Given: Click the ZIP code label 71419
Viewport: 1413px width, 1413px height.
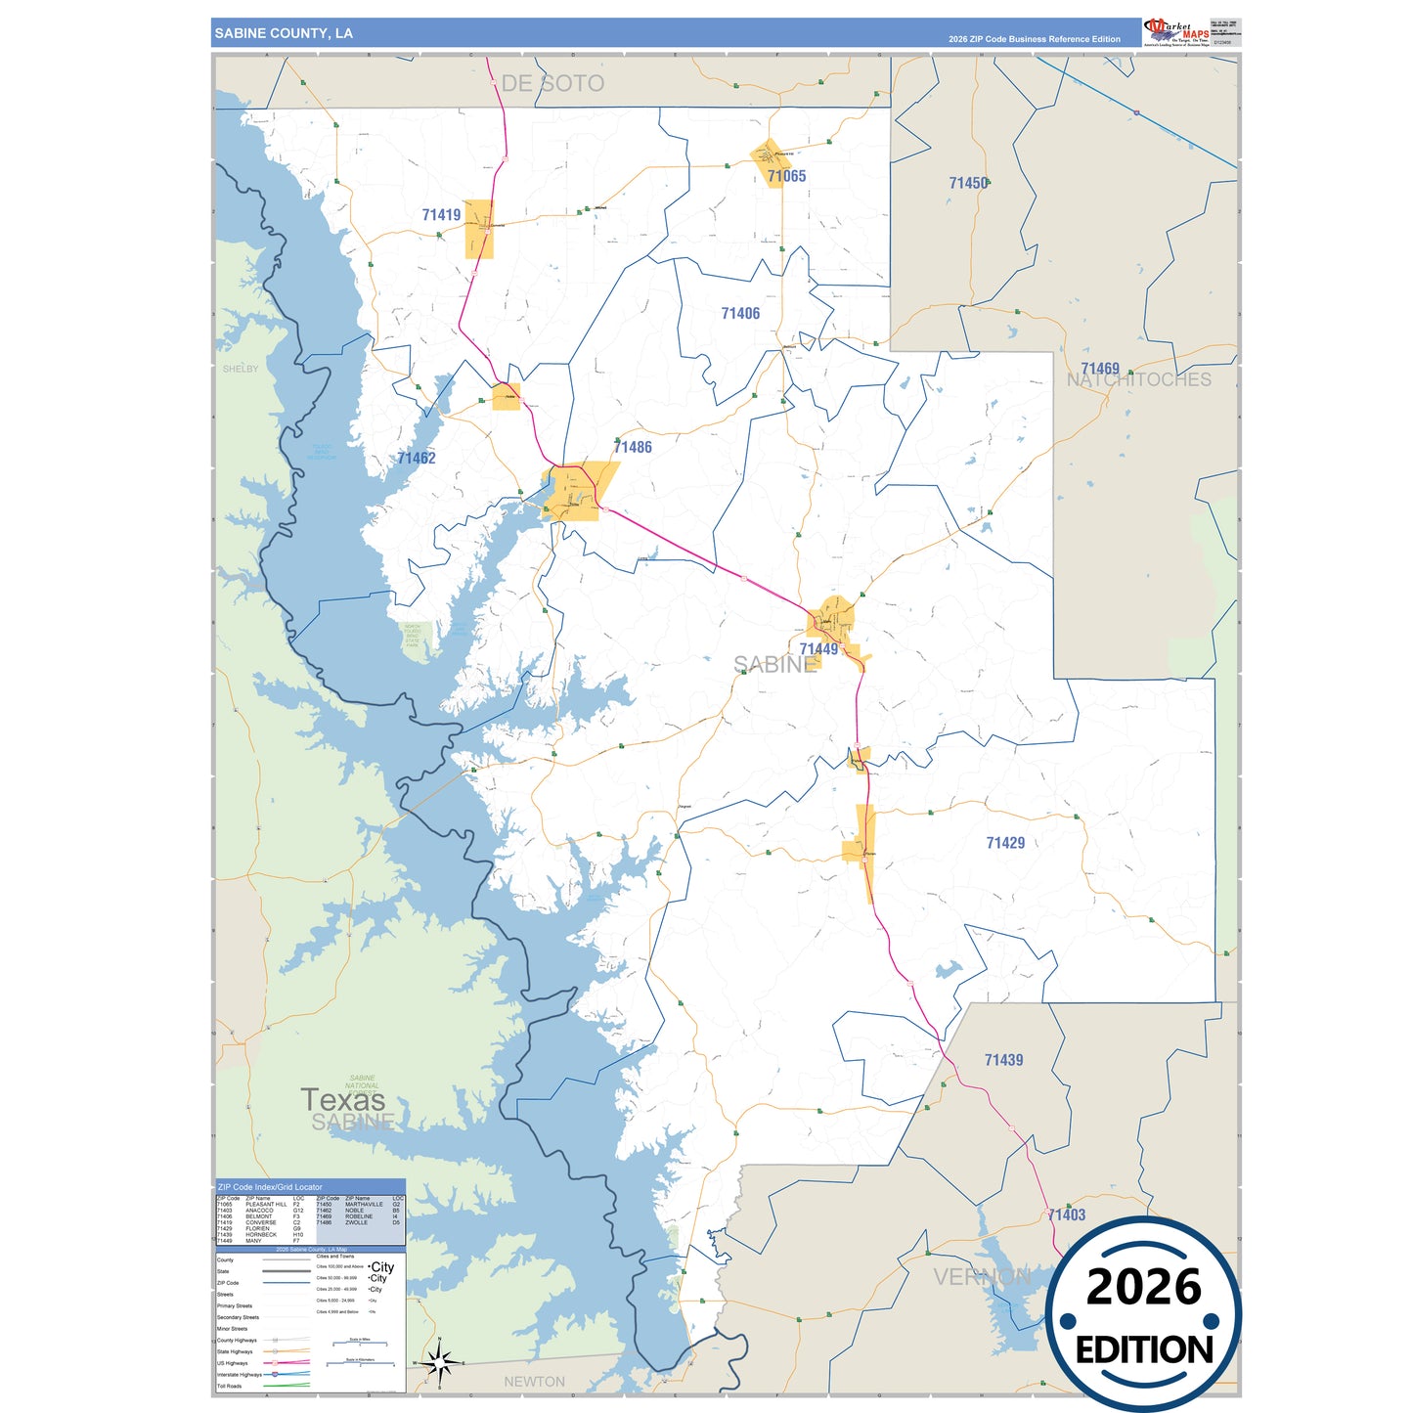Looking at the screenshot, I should [x=441, y=215].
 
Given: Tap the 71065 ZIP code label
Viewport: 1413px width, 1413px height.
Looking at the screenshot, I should [x=786, y=176].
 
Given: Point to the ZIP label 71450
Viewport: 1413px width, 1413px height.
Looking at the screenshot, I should [x=968, y=183].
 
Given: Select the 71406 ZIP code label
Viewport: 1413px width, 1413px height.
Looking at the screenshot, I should [x=740, y=314].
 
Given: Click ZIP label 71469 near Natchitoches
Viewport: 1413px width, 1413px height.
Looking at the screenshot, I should [x=1100, y=369].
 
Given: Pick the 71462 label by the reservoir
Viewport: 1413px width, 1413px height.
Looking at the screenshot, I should [x=417, y=458].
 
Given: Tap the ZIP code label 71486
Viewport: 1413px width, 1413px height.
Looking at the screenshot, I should [x=633, y=447].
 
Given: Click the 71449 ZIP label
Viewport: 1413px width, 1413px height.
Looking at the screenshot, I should [x=818, y=649].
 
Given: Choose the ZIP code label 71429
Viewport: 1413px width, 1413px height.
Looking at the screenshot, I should [x=1005, y=843].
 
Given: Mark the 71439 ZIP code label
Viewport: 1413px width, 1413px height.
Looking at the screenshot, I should [x=1003, y=1060].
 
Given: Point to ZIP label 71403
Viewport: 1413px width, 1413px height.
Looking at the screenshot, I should [x=1067, y=1214].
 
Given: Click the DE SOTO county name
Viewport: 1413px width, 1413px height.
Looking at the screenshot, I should [x=552, y=84].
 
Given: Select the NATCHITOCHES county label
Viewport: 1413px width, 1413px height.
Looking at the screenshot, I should [x=1139, y=380].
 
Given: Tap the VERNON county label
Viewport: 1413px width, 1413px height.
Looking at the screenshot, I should [x=981, y=1277].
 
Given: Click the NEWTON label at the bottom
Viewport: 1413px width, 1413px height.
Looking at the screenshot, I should [x=534, y=1382].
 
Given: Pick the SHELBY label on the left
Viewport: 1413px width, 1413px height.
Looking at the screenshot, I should [x=241, y=369].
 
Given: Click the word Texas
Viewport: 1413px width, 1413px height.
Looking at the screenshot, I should [x=342, y=1100].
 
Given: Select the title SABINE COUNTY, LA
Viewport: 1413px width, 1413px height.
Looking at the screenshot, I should [x=284, y=33].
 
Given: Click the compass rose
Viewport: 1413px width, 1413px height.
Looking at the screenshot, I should [x=439, y=1361].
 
